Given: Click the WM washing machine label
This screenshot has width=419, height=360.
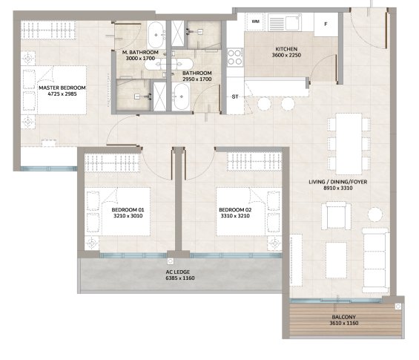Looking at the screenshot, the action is pos(255,22).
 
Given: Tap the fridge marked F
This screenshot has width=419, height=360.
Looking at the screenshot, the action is pos(326,24).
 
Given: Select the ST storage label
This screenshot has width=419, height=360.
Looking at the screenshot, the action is pos(235,96).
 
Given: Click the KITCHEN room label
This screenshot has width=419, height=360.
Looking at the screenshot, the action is pos(286,49).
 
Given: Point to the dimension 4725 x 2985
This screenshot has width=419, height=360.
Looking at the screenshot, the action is pos(62,94).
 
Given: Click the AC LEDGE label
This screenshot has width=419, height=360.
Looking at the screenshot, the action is pos(178,272).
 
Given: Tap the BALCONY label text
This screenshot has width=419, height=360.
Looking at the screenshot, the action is pos(344,317).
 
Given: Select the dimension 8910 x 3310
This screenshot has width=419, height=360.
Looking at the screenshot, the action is pos(338,188).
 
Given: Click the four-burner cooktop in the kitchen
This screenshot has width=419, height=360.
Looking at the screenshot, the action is pos(235,57).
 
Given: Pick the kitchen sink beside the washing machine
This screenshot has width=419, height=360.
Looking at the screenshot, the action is pos(285,22).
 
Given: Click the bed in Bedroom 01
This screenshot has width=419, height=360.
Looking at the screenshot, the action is pos(118,212).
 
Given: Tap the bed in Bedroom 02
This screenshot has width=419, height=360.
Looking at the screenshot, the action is pos(248,212).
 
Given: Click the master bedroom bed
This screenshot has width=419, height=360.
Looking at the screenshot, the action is pos(53,91).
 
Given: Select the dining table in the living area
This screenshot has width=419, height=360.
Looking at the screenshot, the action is pos(349,144).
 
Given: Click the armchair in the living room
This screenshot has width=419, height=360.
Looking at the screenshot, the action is pos(336,215).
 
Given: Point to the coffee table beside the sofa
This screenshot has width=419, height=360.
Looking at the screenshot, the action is pos(336,261).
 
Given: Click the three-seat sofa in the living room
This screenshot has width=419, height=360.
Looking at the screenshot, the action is pos(376,261).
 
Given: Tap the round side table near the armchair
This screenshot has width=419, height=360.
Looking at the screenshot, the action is pos(375,215).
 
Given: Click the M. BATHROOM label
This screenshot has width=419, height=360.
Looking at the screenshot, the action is pos(140,53).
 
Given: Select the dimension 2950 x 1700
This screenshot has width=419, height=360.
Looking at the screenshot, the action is pos(197,79).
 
